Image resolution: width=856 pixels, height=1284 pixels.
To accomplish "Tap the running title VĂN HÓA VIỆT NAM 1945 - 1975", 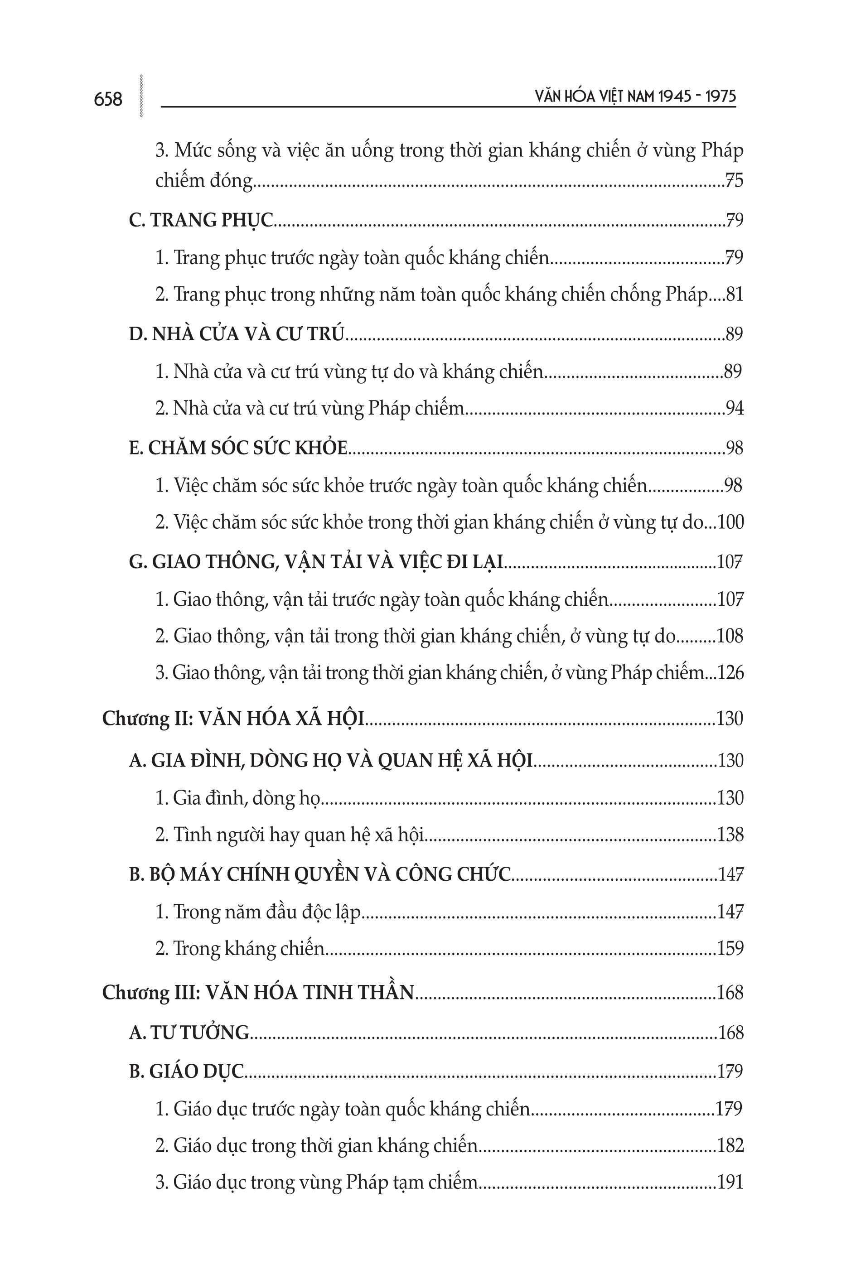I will pos(635,97).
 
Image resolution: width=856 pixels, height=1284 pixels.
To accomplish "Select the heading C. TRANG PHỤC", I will pos(201,220).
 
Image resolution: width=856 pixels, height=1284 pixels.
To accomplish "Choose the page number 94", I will pos(734,408).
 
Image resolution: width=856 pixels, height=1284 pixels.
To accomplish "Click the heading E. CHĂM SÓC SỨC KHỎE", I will pos(238,448).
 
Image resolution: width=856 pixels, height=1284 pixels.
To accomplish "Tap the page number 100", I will pos(730,522).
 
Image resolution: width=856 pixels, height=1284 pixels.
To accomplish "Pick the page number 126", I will pos(730,673).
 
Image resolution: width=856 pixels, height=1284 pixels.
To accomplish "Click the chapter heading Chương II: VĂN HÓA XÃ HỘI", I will pos(233,719).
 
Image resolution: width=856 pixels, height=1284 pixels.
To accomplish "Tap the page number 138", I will pos(730,835).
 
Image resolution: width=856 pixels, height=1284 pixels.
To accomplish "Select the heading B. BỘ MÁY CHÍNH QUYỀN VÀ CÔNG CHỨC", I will pos(320,874).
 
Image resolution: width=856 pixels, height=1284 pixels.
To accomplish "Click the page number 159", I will pos(730,948).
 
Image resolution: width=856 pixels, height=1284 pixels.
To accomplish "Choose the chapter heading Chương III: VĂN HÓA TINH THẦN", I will pos(259,993).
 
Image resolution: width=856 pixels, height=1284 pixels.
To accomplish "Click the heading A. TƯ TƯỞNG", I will pos(189,1033).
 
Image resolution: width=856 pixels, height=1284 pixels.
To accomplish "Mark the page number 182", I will pos(730,1145).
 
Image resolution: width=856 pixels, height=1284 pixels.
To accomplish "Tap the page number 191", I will pos(730,1182).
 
